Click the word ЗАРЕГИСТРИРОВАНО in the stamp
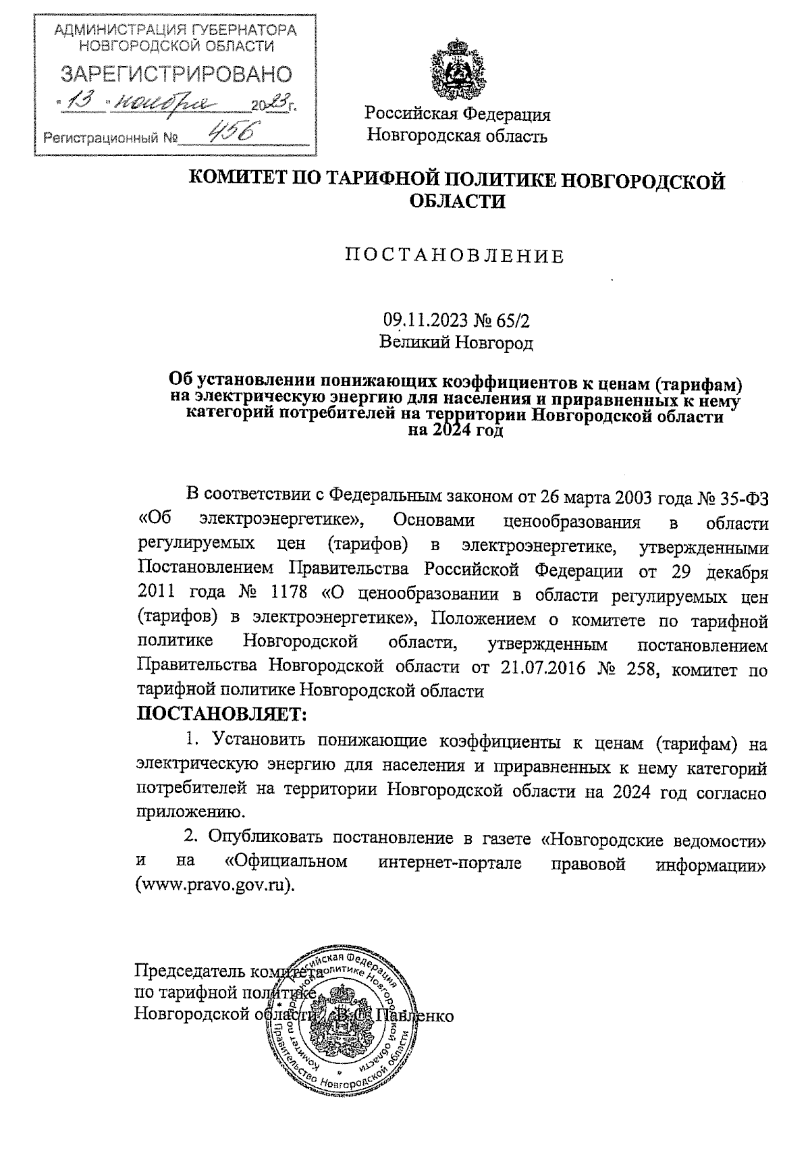coord(177,75)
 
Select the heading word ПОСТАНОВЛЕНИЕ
coord(454,256)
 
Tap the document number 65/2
coord(522,319)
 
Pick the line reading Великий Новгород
coord(456,343)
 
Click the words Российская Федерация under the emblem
coord(457,114)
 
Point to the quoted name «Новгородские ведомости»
coord(654,840)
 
